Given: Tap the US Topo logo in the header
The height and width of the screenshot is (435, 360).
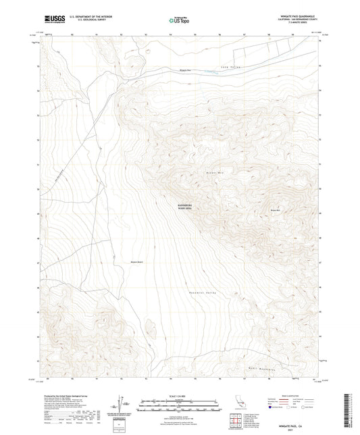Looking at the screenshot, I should click(178, 21).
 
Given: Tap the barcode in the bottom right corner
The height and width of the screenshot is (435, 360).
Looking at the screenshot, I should click(346, 412).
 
